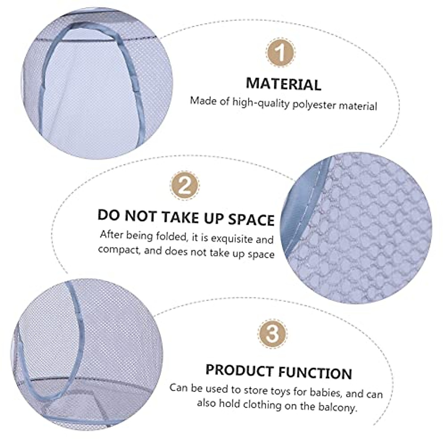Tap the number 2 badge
185,185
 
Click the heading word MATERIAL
283,84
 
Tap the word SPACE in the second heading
251,219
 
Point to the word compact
119,249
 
